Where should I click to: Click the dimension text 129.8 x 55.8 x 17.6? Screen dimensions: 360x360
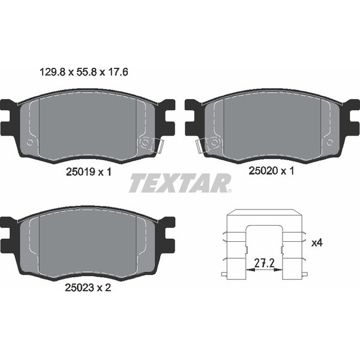(84, 73)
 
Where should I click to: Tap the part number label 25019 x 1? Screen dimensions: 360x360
(89, 172)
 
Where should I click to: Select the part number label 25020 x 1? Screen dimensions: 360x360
(271, 171)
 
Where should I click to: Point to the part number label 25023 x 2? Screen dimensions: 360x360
(88, 287)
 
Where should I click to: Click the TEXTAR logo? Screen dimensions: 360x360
(181, 183)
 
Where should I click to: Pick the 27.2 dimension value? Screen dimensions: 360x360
(264, 263)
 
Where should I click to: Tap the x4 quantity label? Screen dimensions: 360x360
(317, 242)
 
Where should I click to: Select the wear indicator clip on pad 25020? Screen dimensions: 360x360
(200, 146)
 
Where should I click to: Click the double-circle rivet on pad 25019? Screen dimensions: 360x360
(145, 143)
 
